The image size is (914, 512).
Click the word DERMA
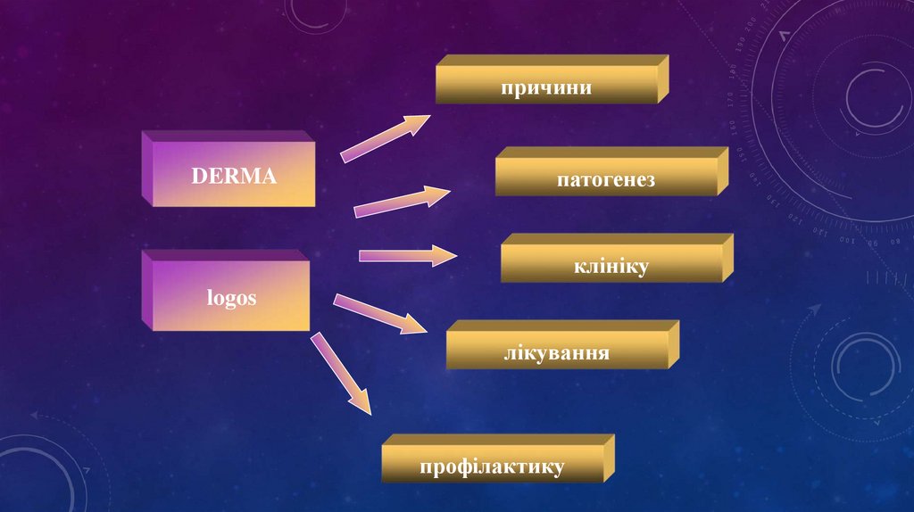[x=234, y=176]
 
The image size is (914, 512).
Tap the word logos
[x=233, y=298]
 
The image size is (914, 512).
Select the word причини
[x=546, y=87]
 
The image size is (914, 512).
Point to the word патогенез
[x=606, y=180]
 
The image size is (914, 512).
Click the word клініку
[x=611, y=266]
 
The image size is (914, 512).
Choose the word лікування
[x=556, y=353]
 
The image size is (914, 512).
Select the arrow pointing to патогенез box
[x=402, y=202]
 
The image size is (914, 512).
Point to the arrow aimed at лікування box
[x=380, y=314]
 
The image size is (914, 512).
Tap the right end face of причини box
[x=663, y=78]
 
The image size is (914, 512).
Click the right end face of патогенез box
[x=723, y=170]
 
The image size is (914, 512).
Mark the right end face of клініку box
[x=727, y=258]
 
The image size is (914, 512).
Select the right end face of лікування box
[x=674, y=344]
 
